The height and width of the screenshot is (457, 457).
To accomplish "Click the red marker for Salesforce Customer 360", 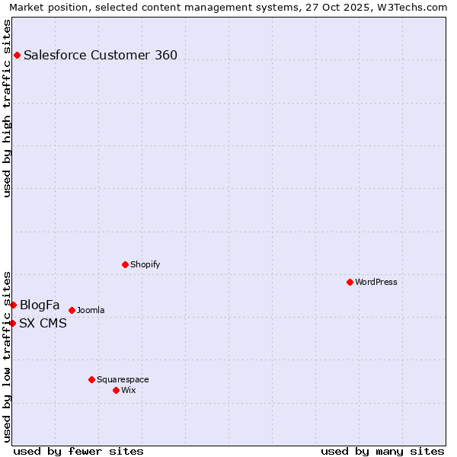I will [x=17, y=55].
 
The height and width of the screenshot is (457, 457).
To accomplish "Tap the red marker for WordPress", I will [x=350, y=282].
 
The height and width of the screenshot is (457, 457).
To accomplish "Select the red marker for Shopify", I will [x=125, y=264].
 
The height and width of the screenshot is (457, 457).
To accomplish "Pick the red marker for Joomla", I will [x=72, y=310].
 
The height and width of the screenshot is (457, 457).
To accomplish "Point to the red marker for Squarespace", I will [x=91, y=379].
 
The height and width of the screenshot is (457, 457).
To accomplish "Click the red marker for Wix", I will [x=116, y=390].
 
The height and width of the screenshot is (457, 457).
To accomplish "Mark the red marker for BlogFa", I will [x=13, y=305].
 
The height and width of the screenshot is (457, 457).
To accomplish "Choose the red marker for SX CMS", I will [x=12, y=323].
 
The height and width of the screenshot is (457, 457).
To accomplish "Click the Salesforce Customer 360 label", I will [x=101, y=55].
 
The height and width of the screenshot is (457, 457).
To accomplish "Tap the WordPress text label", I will [x=376, y=282].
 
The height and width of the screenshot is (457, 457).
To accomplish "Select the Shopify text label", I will [x=145, y=264].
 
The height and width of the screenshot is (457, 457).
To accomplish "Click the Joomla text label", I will [x=91, y=310].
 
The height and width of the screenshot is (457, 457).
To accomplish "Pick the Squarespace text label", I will [x=123, y=379].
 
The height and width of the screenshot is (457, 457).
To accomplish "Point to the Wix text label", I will [x=129, y=390].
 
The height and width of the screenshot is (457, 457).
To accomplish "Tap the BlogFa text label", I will [x=40, y=305].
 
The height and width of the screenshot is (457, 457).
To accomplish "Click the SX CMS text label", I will [x=43, y=324].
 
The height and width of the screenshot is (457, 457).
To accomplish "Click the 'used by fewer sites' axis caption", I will [x=78, y=451].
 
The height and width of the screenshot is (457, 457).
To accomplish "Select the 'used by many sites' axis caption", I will [x=382, y=451].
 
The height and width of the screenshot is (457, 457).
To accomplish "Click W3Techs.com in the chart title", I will [x=414, y=7].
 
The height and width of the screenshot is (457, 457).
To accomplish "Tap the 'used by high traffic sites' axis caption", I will [x=7, y=108].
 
